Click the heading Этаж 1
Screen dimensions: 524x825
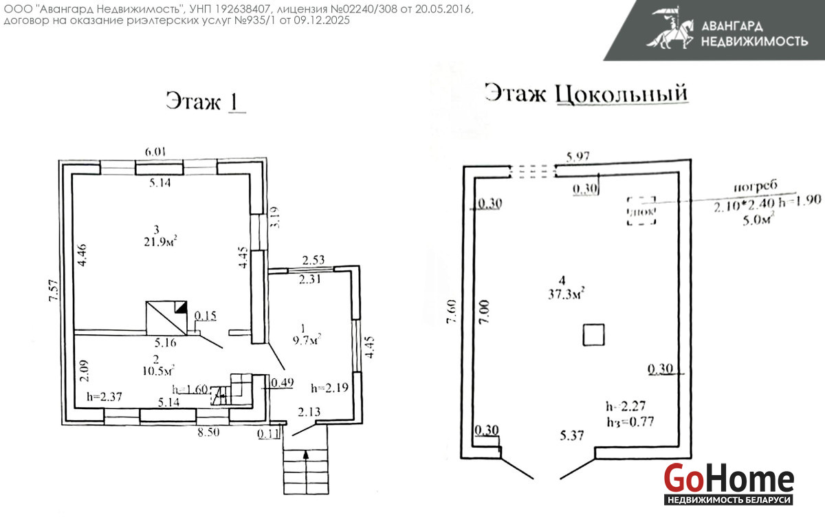pyautogui.click(x=205, y=102)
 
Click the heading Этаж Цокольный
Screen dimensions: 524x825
pyautogui.click(x=586, y=94)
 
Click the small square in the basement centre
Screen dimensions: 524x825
pyautogui.click(x=593, y=335)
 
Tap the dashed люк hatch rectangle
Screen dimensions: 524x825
pyautogui.click(x=641, y=210)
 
